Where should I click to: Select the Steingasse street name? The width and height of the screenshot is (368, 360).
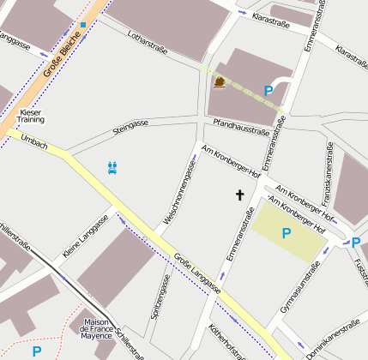click(130, 129)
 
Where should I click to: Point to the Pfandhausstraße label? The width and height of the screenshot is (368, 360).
click(241, 127)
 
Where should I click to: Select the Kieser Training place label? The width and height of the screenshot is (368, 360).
click(31, 116)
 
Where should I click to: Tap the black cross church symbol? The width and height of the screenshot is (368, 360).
click(240, 195)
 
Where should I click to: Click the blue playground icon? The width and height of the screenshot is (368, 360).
click(112, 167)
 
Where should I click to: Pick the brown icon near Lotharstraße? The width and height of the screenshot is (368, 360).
click(220, 82)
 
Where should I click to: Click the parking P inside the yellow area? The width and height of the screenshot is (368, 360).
click(287, 232)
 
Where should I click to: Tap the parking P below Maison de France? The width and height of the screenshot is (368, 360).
click(37, 351)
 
